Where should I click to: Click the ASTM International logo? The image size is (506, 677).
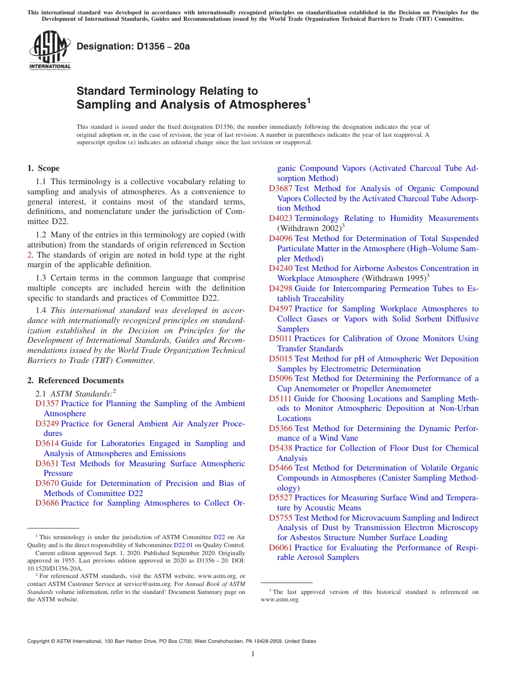[49, 50]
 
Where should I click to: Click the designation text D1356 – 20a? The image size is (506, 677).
[133, 46]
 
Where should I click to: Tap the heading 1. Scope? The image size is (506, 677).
[44, 168]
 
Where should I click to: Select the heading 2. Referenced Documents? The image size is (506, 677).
[76, 381]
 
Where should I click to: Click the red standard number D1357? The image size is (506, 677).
[47, 404]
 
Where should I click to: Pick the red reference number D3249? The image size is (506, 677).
[47, 424]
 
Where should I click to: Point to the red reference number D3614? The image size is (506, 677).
[47, 443]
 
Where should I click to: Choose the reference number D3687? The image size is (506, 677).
[281, 188]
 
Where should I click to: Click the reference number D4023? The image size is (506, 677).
[281, 218]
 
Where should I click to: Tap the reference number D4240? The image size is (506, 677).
[281, 268]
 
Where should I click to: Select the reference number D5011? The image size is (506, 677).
[281, 338]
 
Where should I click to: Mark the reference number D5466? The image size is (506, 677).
[281, 468]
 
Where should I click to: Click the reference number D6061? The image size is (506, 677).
[281, 548]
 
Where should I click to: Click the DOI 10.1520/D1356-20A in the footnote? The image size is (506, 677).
[55, 568]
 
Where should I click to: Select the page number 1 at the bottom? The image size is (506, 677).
[253, 654]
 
